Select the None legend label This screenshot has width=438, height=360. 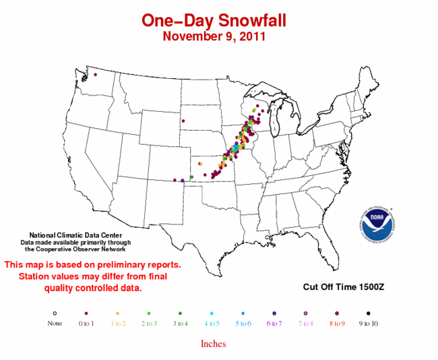(54, 323)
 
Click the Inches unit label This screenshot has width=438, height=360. (213, 344)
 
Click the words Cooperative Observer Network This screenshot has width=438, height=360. (74, 249)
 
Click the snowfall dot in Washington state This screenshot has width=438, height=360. (95, 74)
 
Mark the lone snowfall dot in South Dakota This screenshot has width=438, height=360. (181, 121)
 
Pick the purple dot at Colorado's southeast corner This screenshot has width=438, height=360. (183, 180)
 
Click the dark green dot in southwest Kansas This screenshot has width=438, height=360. (192, 177)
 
